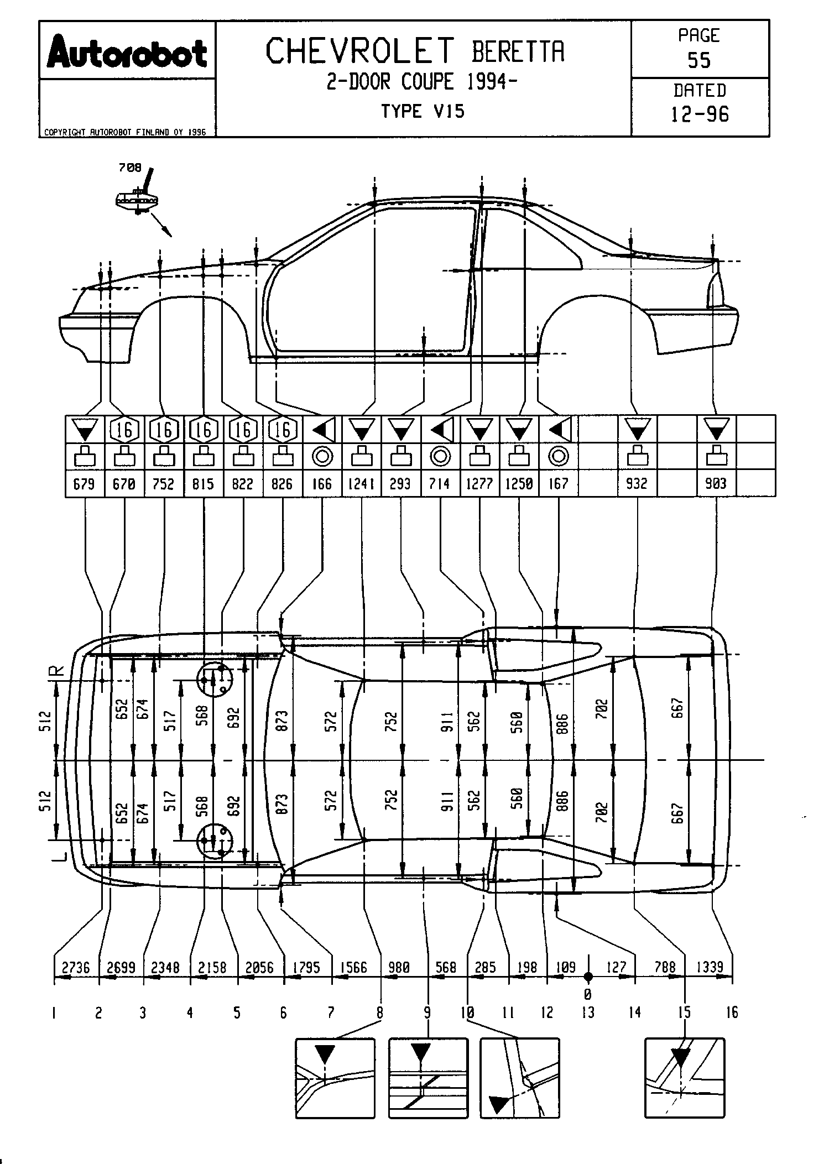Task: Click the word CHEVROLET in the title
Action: pos(360,51)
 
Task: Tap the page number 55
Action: pos(699,60)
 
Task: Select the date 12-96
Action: pos(700,114)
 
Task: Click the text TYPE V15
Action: pos(423,112)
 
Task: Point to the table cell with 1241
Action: pos(361,484)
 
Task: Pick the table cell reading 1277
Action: pos(479,484)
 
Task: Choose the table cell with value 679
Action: pos(84,484)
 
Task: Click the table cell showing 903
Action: pos(716,484)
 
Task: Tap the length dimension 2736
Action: pos(76,967)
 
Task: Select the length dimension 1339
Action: pos(710,967)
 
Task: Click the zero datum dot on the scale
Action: pos(588,977)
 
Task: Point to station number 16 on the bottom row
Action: pos(732,1012)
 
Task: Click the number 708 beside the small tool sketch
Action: pos(130,168)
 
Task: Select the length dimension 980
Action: pos(399,967)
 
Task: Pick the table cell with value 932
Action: pos(637,484)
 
